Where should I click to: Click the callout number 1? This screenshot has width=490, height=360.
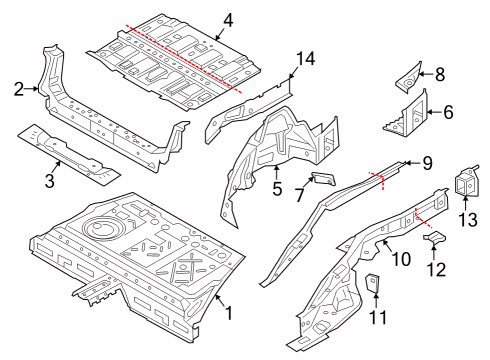coord(228,314)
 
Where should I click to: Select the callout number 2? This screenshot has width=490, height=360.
coord(18,90)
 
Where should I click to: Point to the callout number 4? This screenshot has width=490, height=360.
coord(228,20)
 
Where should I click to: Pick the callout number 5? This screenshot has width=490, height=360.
coord(277,187)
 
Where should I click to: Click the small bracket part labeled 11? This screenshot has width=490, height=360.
coord(371,285)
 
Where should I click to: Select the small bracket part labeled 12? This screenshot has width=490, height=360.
coord(435,238)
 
